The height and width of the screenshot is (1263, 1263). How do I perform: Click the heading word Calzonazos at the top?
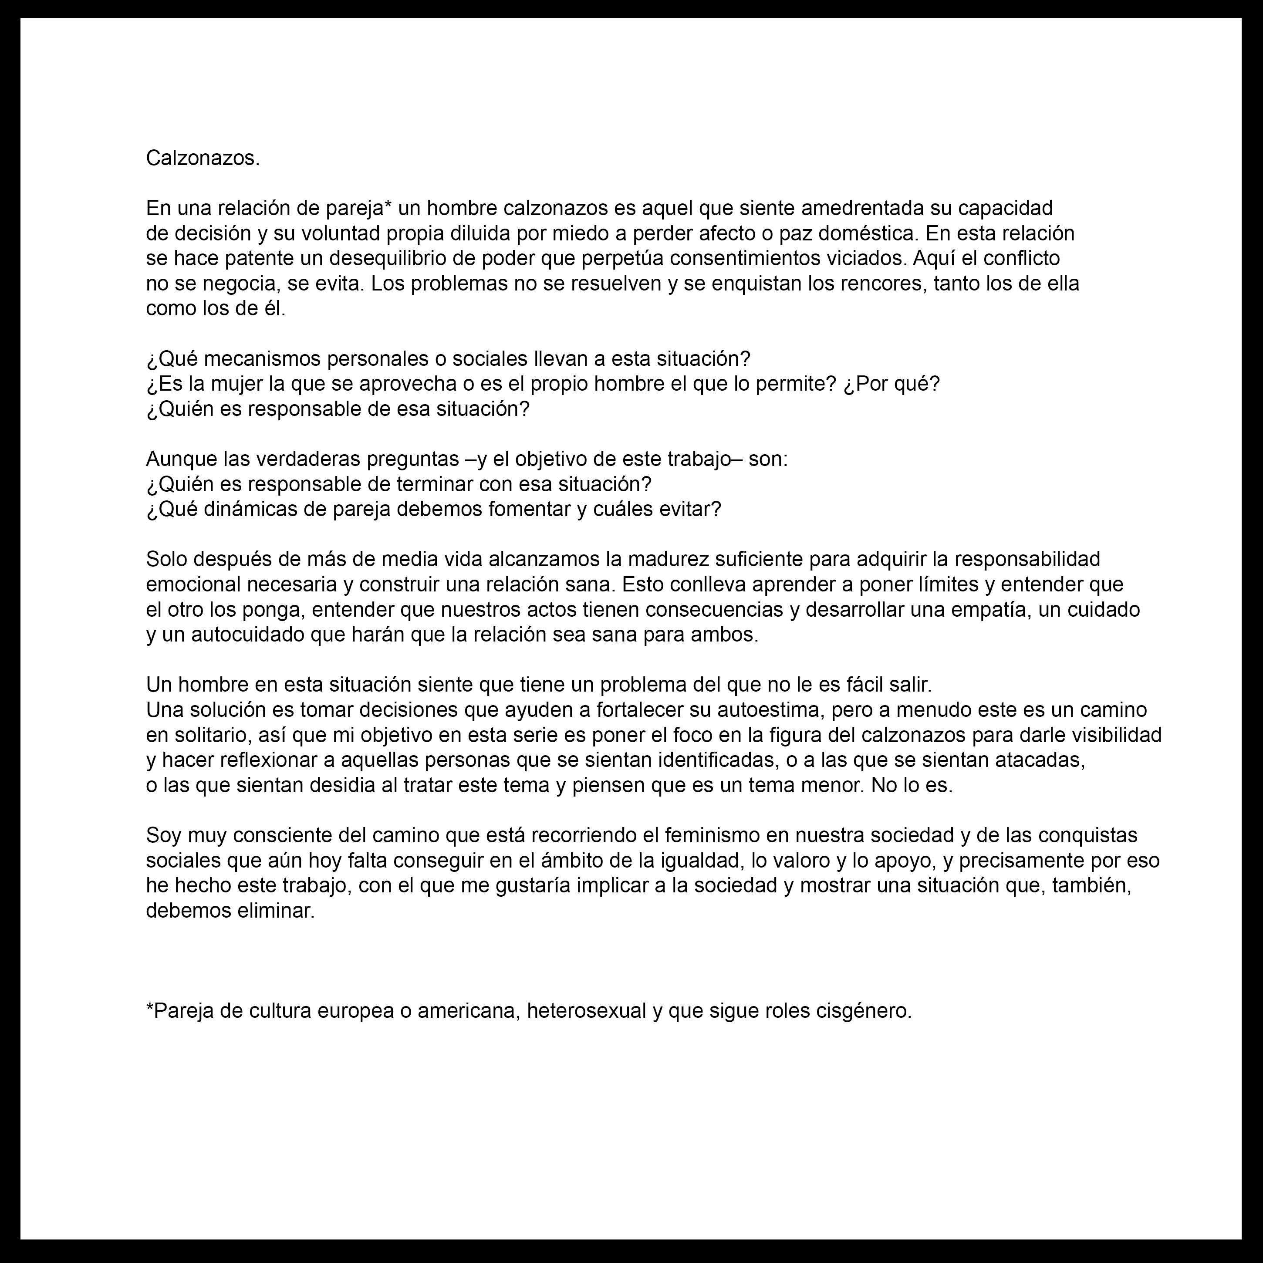(202, 158)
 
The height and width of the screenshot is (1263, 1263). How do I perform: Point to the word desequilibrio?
(388, 259)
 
